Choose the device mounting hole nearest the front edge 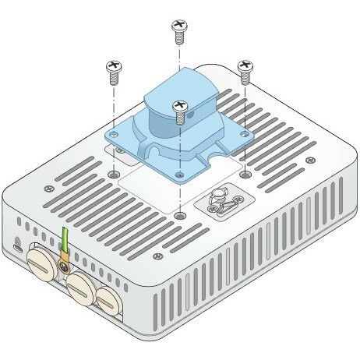[181, 214]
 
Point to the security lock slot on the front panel [17, 239]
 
